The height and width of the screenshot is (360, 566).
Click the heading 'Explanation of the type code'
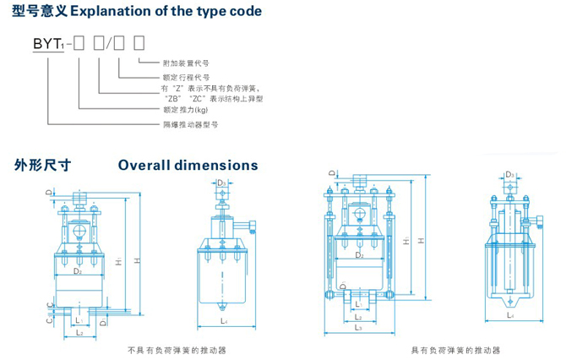pos(166,12)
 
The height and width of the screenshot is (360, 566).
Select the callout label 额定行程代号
pos(182,76)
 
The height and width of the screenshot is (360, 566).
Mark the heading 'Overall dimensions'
pos(188,166)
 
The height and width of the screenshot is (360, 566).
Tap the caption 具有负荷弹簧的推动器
pos(455,349)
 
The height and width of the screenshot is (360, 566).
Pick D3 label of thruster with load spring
pos(509,175)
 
